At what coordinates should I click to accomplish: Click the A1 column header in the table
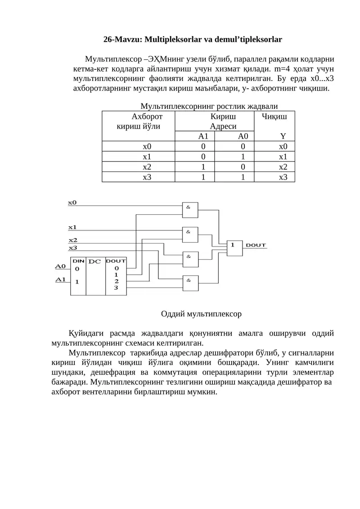coord(203,136)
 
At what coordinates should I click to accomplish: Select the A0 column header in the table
coord(243,136)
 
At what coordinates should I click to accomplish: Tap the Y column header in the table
coord(283,136)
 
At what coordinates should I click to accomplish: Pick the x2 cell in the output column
coord(283,167)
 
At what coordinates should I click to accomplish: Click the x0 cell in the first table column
coord(147,146)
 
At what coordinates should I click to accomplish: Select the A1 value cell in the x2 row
coord(203,167)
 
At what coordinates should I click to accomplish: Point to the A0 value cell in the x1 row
coord(243,157)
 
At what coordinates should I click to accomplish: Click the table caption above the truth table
coord(209,106)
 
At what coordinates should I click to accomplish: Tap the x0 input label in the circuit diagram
coord(72,203)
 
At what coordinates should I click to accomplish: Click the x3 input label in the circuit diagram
coord(73,248)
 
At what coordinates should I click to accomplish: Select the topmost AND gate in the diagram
coord(190,210)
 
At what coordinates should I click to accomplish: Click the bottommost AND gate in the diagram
coord(190,284)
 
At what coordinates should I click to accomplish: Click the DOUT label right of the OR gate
coord(256,245)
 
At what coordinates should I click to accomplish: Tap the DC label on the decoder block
coord(94,261)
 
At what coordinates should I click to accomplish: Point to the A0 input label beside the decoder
coord(60,266)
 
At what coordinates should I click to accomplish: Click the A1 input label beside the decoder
coord(60,279)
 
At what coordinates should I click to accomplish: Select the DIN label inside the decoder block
coord(79,261)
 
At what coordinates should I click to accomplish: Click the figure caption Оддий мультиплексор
coord(201,314)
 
